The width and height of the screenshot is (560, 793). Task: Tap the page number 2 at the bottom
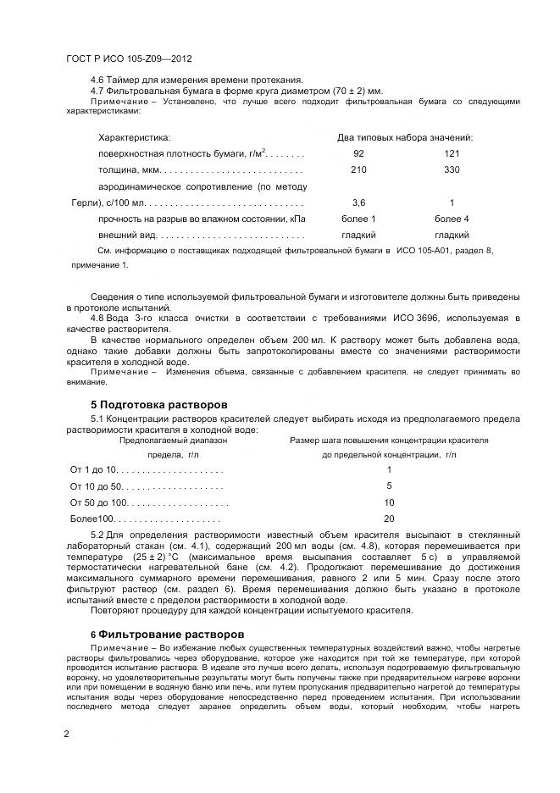click(67, 733)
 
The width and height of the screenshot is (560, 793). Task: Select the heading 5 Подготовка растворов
click(158, 404)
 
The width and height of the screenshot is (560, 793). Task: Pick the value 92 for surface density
click(358, 153)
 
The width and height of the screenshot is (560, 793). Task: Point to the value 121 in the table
click(452, 153)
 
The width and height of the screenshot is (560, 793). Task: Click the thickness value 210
click(358, 169)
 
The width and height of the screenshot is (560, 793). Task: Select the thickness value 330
click(452, 169)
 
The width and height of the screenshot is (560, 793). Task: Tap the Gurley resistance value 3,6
click(358, 202)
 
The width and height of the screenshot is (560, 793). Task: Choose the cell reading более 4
click(452, 219)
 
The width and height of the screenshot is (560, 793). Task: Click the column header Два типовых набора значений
click(405, 137)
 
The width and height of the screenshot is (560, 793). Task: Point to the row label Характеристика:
click(134, 137)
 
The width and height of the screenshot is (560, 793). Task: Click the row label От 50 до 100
click(97, 502)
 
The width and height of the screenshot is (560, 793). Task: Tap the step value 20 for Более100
click(389, 518)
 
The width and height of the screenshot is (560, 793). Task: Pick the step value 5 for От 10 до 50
click(389, 486)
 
